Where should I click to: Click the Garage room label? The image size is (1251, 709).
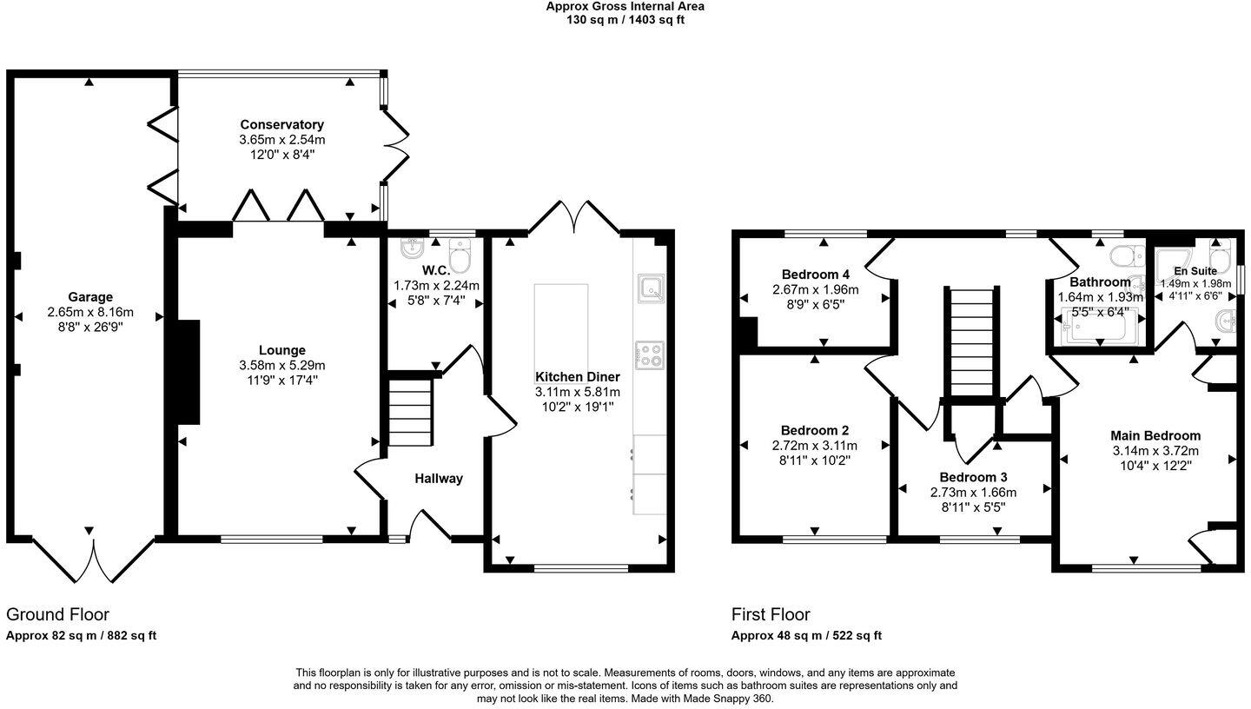[x=90, y=297]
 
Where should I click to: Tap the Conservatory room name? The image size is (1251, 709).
[x=281, y=125]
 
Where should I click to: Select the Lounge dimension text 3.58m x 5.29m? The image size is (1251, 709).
[x=281, y=365]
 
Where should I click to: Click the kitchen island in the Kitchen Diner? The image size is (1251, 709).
[x=561, y=326]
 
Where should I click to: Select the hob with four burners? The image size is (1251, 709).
[x=650, y=354]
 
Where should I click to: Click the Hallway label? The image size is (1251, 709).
[x=439, y=478]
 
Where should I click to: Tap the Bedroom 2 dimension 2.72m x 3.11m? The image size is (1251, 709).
[x=815, y=446]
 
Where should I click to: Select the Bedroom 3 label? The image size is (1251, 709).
[x=973, y=477]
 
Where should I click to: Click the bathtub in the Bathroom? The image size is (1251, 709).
[x=1099, y=329]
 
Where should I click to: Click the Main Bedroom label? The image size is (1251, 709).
[x=1155, y=435]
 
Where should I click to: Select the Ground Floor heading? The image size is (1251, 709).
[x=57, y=614]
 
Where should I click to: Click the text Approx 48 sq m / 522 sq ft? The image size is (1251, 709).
[x=806, y=635]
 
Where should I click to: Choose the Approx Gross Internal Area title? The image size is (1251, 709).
[x=625, y=6]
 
